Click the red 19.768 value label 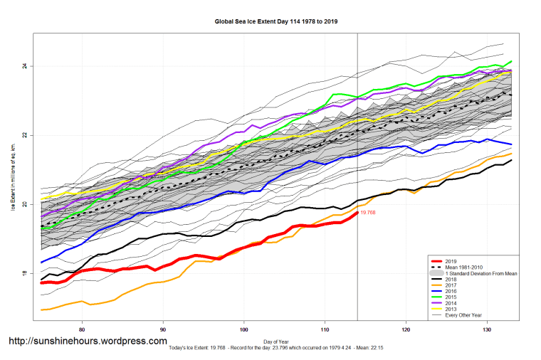(x=368, y=213)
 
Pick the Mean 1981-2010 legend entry (x=463, y=267)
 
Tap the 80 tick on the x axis (x=83, y=329)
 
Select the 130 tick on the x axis (x=486, y=329)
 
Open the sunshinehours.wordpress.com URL (x=88, y=342)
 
